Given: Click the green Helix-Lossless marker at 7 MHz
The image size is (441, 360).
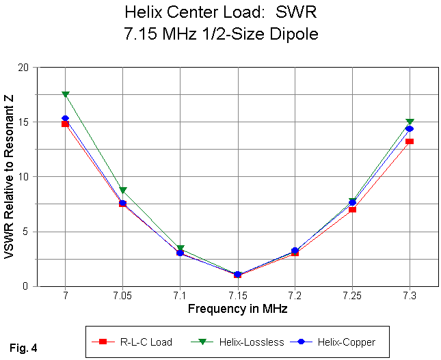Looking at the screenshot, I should tap(65, 94).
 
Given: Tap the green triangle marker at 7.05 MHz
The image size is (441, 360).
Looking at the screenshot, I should tap(122, 191).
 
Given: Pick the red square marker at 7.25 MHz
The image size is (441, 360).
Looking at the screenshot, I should tap(352, 209).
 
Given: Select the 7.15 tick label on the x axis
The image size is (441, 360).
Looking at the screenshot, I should tap(237, 295).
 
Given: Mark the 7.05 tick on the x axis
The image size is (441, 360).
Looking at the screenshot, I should tap(122, 295).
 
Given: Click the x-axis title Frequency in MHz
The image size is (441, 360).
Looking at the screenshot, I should tap(237, 309).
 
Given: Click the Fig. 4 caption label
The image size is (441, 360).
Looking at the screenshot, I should tap(24, 348).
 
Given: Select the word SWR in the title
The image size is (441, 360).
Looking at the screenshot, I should tap(295, 12).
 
